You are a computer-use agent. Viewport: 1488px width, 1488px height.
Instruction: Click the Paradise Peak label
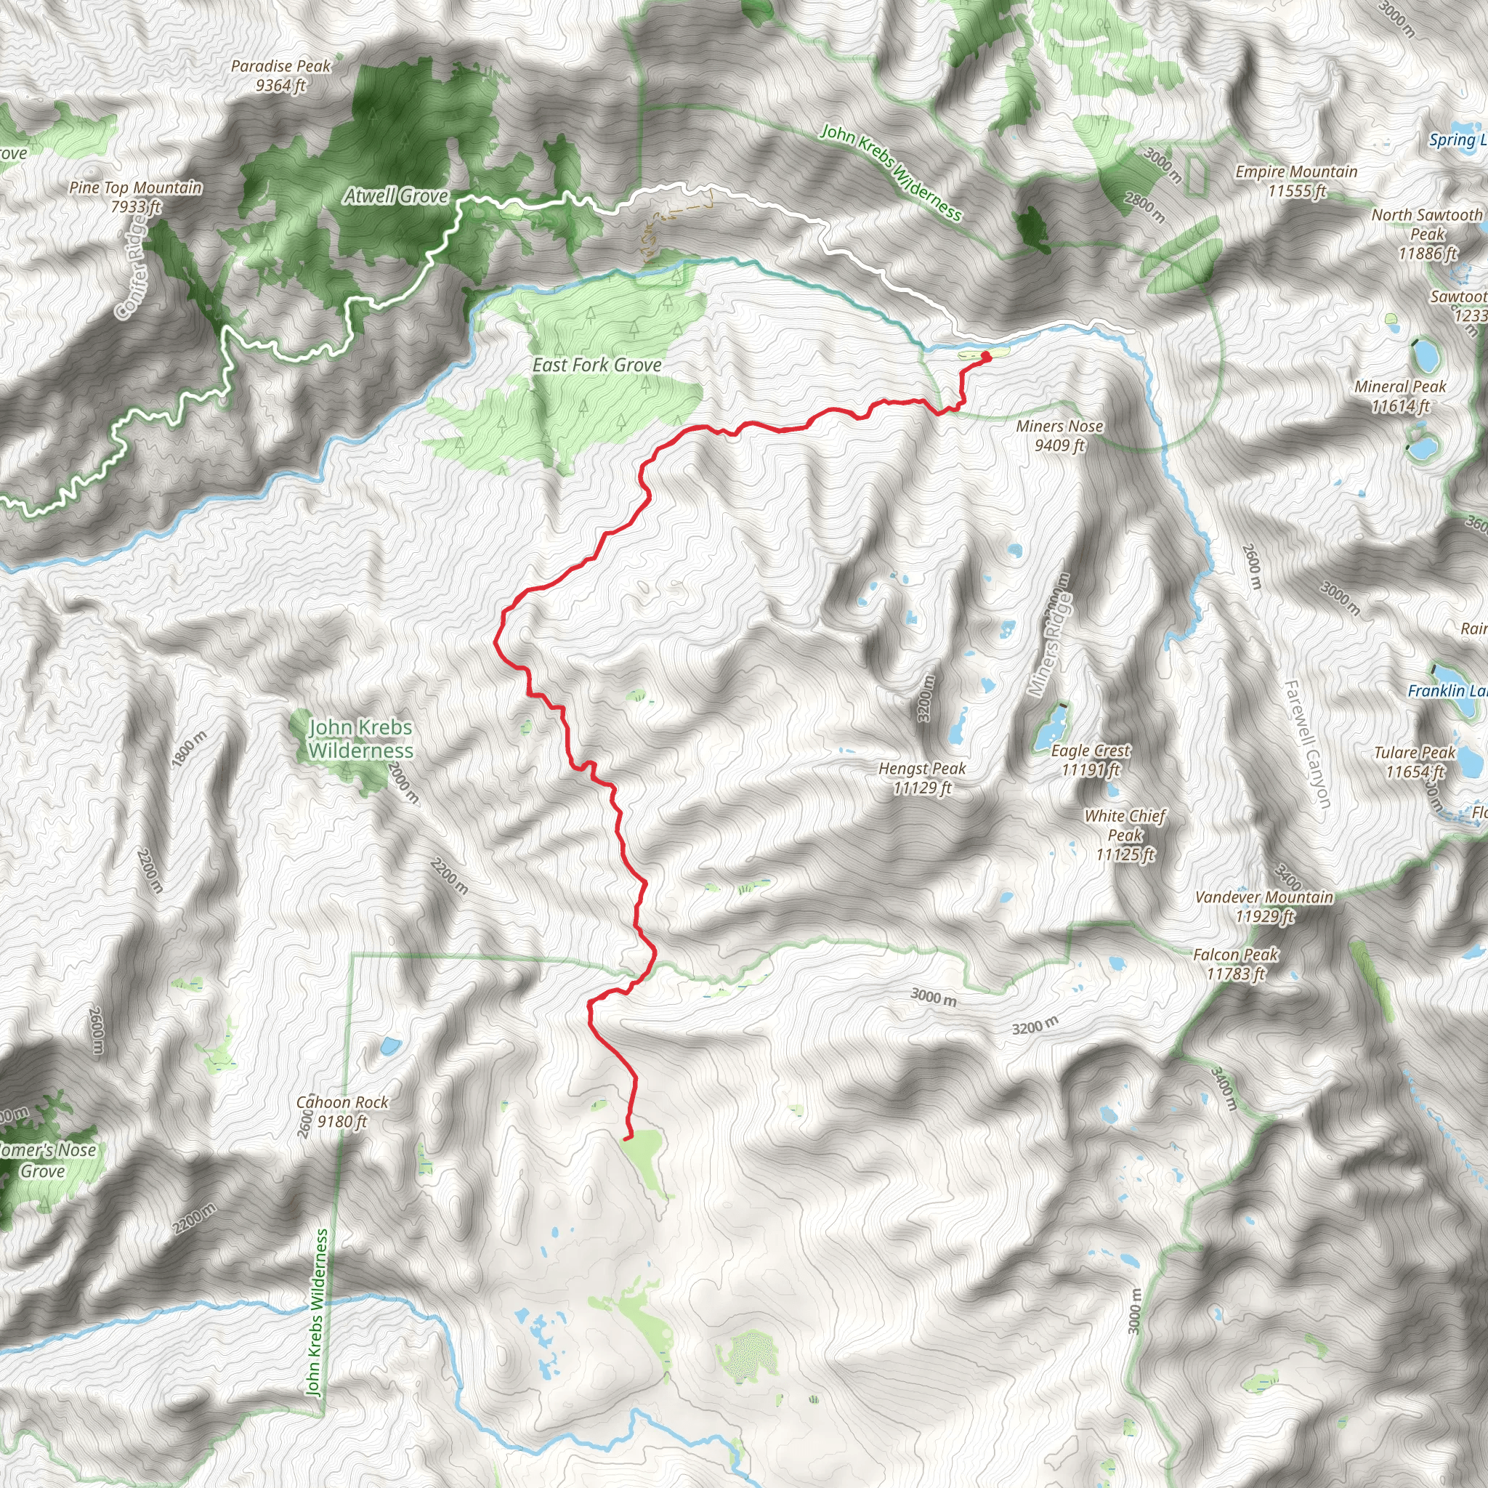pyautogui.click(x=280, y=76)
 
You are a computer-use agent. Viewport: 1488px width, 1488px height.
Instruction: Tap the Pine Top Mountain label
pyautogui.click(x=136, y=196)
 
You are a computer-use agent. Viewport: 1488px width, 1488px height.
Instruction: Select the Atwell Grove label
pyautogui.click(x=396, y=196)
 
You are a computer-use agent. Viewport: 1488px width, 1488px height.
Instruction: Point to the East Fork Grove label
pyautogui.click(x=597, y=365)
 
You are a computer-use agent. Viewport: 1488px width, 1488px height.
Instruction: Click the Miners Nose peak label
pyautogui.click(x=1059, y=435)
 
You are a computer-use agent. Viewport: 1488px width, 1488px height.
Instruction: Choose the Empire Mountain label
pyautogui.click(x=1296, y=181)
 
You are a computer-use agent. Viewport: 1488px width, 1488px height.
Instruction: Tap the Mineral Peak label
pyautogui.click(x=1400, y=396)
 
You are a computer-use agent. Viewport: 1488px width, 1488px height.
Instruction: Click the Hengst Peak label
pyautogui.click(x=922, y=778)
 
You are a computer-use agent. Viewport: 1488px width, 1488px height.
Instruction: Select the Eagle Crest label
pyautogui.click(x=1091, y=759)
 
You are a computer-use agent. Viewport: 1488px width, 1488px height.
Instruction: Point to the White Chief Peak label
pyautogui.click(x=1125, y=835)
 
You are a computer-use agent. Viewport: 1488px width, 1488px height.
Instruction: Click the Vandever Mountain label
pyautogui.click(x=1264, y=907)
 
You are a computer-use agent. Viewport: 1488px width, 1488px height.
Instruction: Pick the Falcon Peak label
pyautogui.click(x=1235, y=964)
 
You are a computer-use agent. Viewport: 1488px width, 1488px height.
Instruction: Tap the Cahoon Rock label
pyautogui.click(x=343, y=1112)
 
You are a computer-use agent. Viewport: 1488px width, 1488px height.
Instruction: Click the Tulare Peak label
pyautogui.click(x=1415, y=761)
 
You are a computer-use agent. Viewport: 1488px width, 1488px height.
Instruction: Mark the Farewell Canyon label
pyautogui.click(x=1307, y=744)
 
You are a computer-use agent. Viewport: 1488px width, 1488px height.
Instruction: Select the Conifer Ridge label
pyautogui.click(x=130, y=265)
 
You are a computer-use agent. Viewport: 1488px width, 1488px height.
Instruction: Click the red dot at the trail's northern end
pyautogui.click(x=986, y=356)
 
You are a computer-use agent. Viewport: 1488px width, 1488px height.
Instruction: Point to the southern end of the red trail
pyautogui.click(x=626, y=1138)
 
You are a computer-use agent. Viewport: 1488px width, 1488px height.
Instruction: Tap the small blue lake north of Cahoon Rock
pyautogui.click(x=389, y=1046)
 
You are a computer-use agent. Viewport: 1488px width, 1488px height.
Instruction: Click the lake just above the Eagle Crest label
pyautogui.click(x=1051, y=722)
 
